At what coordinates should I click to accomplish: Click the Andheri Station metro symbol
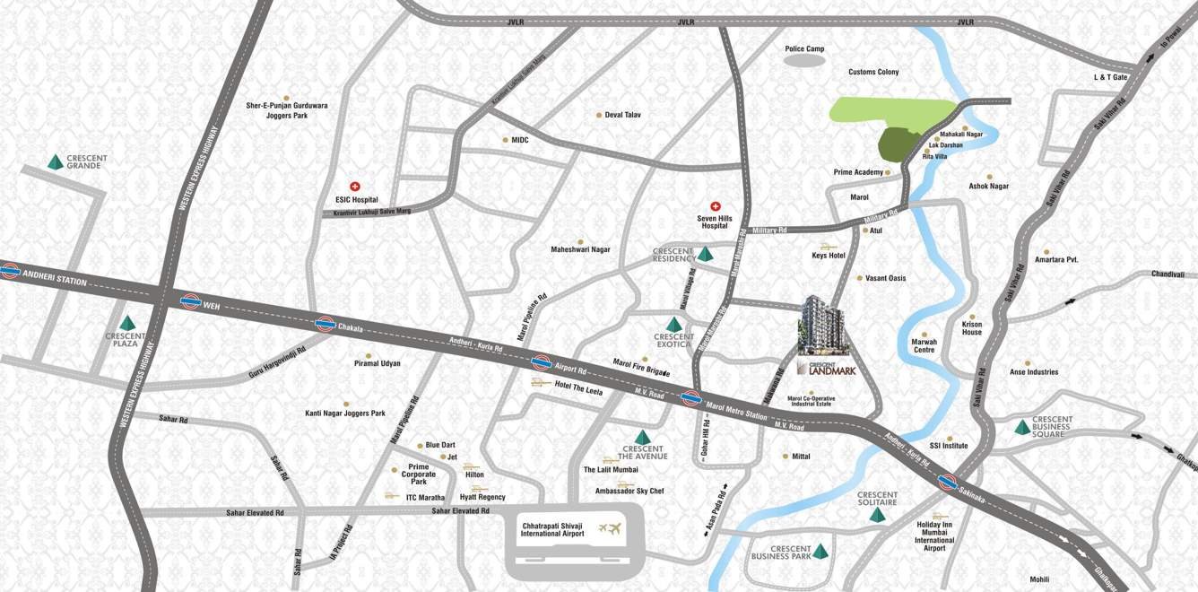10,271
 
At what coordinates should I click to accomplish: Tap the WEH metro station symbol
190,301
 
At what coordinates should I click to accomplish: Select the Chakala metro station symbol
326,325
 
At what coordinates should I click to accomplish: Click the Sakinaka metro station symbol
946,482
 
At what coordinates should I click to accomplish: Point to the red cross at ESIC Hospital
355,187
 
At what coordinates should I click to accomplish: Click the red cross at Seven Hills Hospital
716,206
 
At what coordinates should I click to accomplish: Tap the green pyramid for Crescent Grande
56,162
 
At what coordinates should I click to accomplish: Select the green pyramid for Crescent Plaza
127,323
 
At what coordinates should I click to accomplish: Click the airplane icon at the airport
613,529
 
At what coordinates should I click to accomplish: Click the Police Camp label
804,49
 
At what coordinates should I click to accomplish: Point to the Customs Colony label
873,72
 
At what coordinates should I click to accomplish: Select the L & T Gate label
1110,77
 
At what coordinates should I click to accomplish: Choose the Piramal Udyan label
378,363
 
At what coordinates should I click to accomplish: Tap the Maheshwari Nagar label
580,249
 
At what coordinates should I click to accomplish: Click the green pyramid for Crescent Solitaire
877,515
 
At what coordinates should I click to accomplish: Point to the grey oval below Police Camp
804,62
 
